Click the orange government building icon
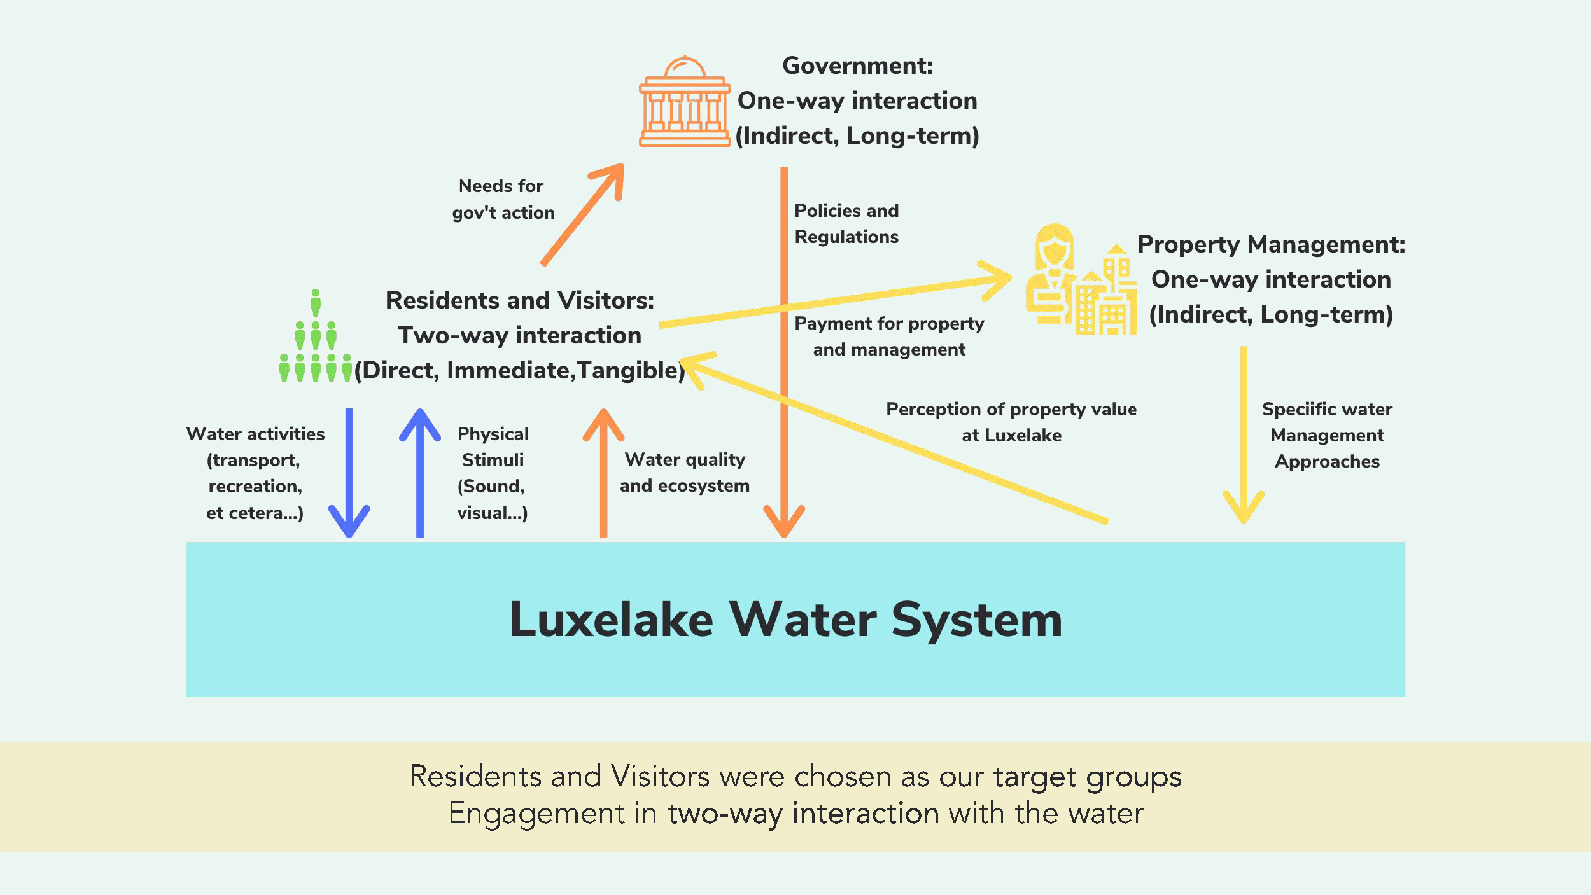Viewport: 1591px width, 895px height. [x=684, y=103]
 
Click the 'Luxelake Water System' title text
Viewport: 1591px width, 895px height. [x=786, y=620]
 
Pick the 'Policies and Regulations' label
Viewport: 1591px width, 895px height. [x=846, y=223]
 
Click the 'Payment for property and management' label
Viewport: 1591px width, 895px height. [x=889, y=336]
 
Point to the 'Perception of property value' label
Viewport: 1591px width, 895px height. [x=1011, y=410]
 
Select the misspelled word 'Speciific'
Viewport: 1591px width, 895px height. [x=1291, y=410]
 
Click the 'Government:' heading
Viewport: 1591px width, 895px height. [x=857, y=66]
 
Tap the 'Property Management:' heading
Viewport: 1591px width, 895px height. [x=1271, y=244]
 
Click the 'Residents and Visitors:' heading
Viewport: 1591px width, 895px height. [x=520, y=300]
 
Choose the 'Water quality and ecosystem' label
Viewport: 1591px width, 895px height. [x=685, y=473]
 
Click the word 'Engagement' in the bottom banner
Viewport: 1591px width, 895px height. [x=536, y=814]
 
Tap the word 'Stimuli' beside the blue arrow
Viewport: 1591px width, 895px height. [x=493, y=460]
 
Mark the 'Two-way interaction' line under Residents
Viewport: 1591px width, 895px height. [x=520, y=335]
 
